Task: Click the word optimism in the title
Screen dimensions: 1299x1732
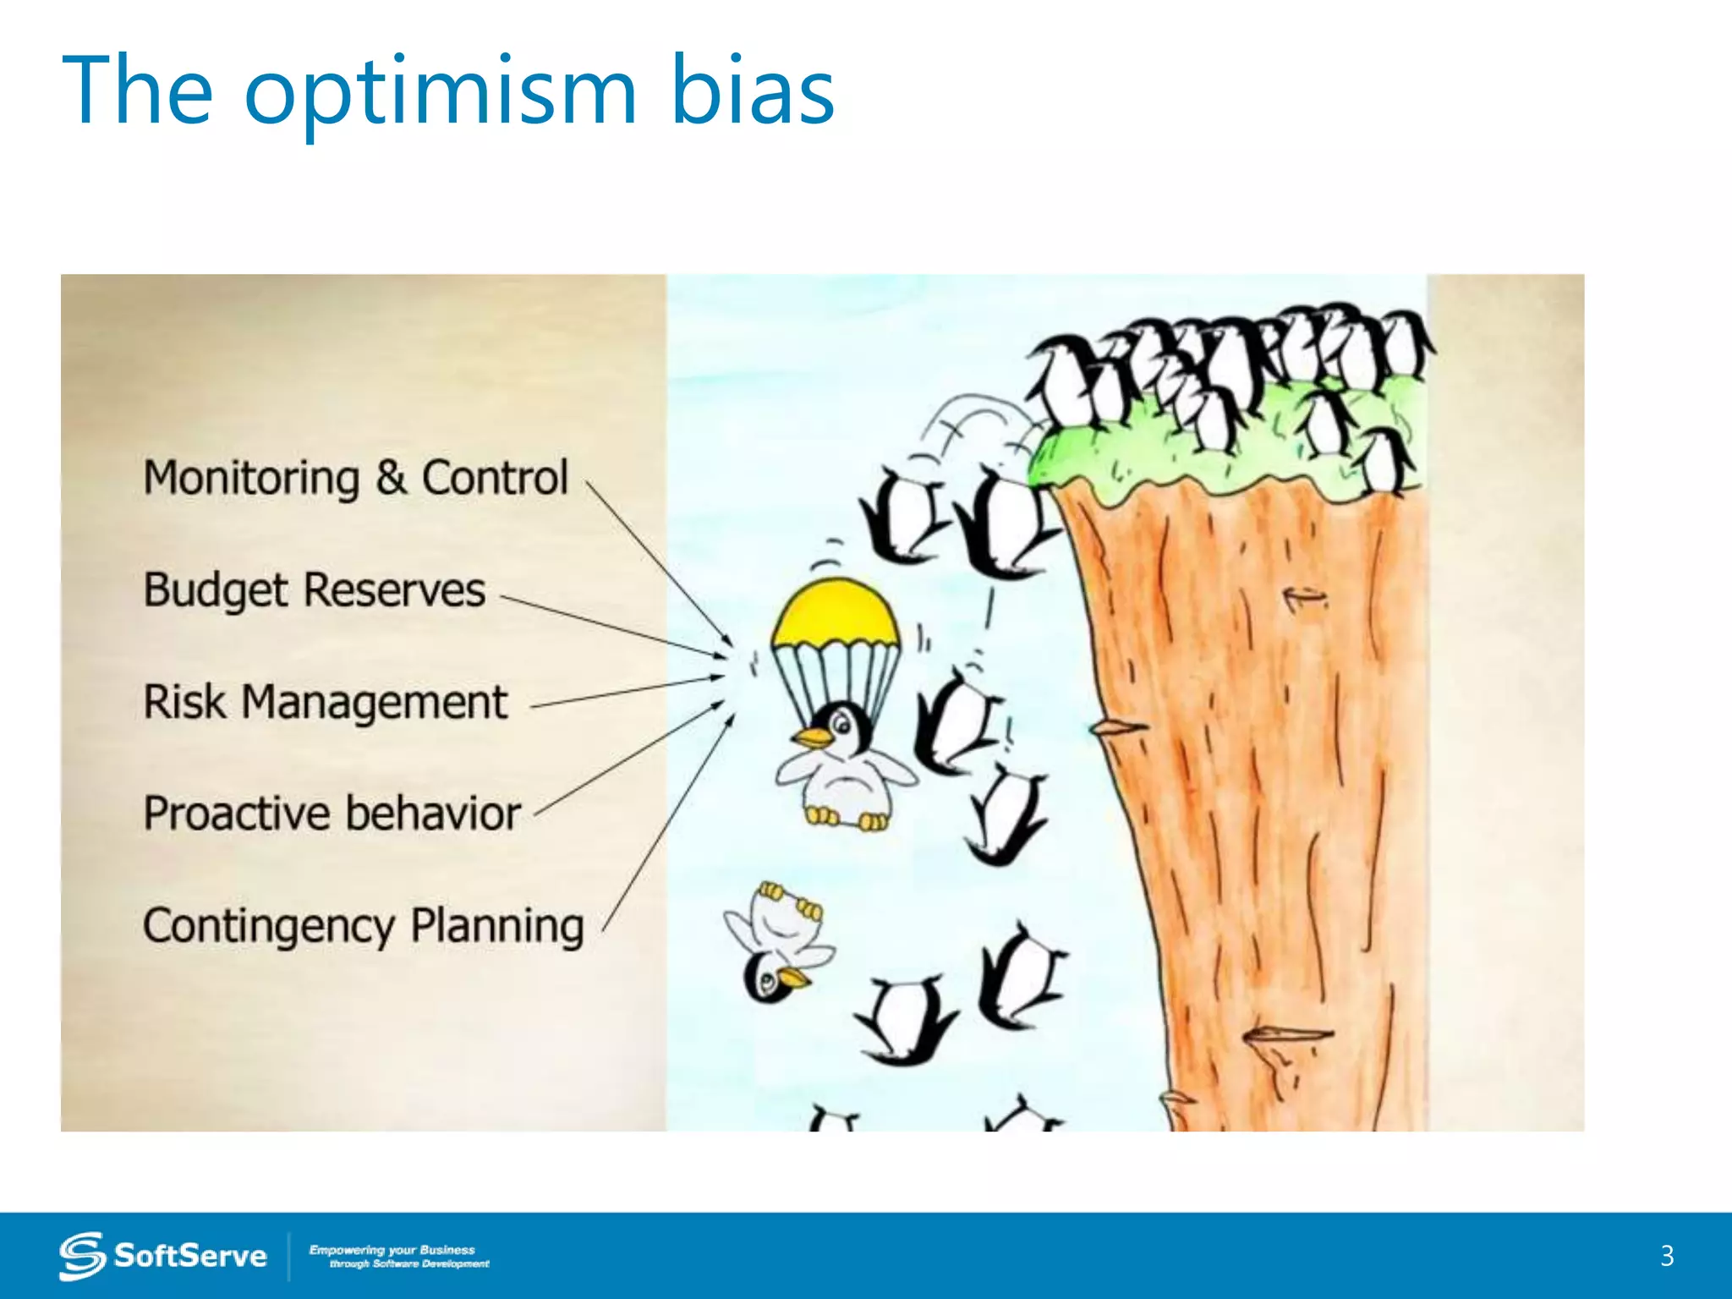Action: (440, 91)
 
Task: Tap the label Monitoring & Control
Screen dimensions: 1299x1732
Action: (355, 478)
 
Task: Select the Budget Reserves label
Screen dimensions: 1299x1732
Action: (314, 589)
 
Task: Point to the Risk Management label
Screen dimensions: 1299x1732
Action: (325, 702)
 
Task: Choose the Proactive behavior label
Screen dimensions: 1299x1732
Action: (332, 814)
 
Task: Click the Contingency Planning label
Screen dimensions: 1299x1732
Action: (363, 926)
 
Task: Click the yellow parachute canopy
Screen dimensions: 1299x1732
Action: (836, 611)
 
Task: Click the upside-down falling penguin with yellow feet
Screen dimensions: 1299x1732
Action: (776, 943)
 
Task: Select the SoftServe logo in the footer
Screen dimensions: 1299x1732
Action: (162, 1255)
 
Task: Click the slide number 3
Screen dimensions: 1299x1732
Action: (1667, 1256)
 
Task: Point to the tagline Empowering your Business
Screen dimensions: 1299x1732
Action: (392, 1249)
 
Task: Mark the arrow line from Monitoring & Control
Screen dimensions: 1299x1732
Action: (660, 565)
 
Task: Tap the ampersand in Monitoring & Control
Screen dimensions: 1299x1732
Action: (391, 478)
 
